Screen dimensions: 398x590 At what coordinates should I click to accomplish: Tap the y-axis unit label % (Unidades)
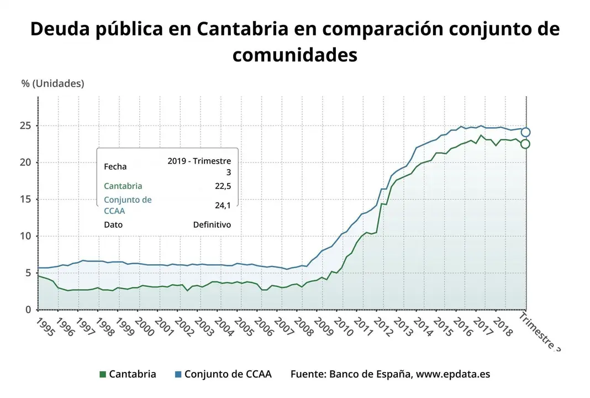[x=52, y=83]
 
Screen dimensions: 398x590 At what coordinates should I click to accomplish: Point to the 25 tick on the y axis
[x=24, y=125]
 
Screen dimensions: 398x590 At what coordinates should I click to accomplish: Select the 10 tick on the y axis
[x=24, y=236]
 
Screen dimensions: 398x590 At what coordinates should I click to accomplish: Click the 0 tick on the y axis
[x=28, y=310]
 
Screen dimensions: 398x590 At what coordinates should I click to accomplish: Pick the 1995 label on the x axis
[x=46, y=327]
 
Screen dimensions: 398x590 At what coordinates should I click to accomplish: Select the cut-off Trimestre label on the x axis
[x=540, y=332]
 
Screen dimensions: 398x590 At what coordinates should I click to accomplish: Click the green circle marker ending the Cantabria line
[x=525, y=144]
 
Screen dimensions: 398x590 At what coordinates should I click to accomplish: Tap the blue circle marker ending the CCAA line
[x=525, y=132]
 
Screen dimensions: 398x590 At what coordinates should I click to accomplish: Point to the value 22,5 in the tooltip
[x=223, y=186]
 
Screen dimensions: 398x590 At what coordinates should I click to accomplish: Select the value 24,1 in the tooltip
[x=223, y=205]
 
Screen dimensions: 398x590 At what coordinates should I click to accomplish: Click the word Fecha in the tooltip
[x=115, y=166]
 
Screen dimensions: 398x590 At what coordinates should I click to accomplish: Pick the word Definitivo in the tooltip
[x=212, y=225]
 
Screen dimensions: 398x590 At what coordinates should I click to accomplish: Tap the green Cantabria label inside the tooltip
[x=123, y=186]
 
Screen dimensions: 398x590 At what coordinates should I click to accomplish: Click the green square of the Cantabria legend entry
[x=102, y=374]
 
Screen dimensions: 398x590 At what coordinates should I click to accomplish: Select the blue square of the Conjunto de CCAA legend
[x=178, y=374]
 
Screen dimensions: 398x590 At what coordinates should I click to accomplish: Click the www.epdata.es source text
[x=452, y=374]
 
